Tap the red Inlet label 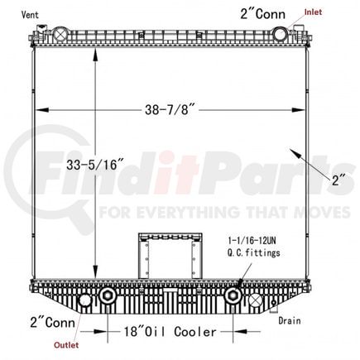pos(314,12)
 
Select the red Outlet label pos(69,346)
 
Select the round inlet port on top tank pos(280,34)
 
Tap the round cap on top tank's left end pos(61,35)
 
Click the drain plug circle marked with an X pos(255,300)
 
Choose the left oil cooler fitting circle pos(107,298)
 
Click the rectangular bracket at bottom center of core pos(170,255)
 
